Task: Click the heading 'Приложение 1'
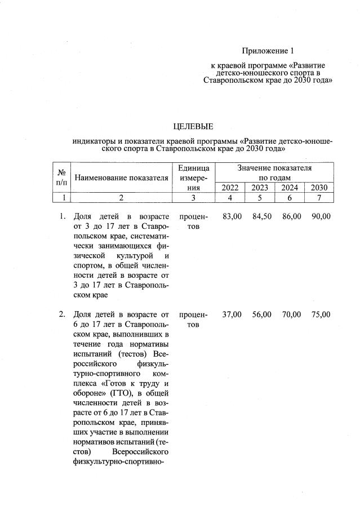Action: click(268, 51)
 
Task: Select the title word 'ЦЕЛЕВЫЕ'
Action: click(193, 126)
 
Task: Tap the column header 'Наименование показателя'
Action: click(121, 178)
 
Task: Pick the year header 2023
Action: click(260, 188)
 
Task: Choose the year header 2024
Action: click(290, 188)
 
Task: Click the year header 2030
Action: click(319, 188)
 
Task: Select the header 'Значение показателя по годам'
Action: click(275, 172)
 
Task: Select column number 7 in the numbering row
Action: click(319, 198)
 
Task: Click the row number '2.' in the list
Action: click(63, 314)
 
